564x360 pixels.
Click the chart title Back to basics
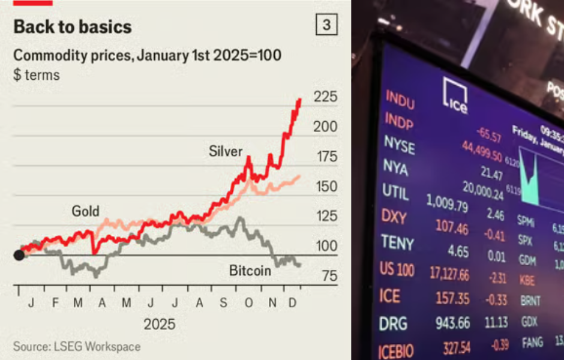click(72, 27)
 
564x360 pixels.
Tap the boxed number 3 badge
click(326, 25)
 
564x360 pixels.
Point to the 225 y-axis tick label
click(326, 97)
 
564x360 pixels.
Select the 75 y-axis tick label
click(326, 276)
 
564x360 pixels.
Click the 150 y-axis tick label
click(326, 187)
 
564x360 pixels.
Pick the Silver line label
click(226, 151)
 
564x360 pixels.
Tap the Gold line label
click(86, 211)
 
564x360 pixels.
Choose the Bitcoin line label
click(250, 271)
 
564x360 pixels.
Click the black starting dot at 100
click(19, 256)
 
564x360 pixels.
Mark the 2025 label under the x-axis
click(160, 325)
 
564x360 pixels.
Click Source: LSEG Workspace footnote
click(77, 347)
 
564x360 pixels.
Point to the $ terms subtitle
click(36, 76)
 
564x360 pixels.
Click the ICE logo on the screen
click(454, 95)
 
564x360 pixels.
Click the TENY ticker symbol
click(397, 242)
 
